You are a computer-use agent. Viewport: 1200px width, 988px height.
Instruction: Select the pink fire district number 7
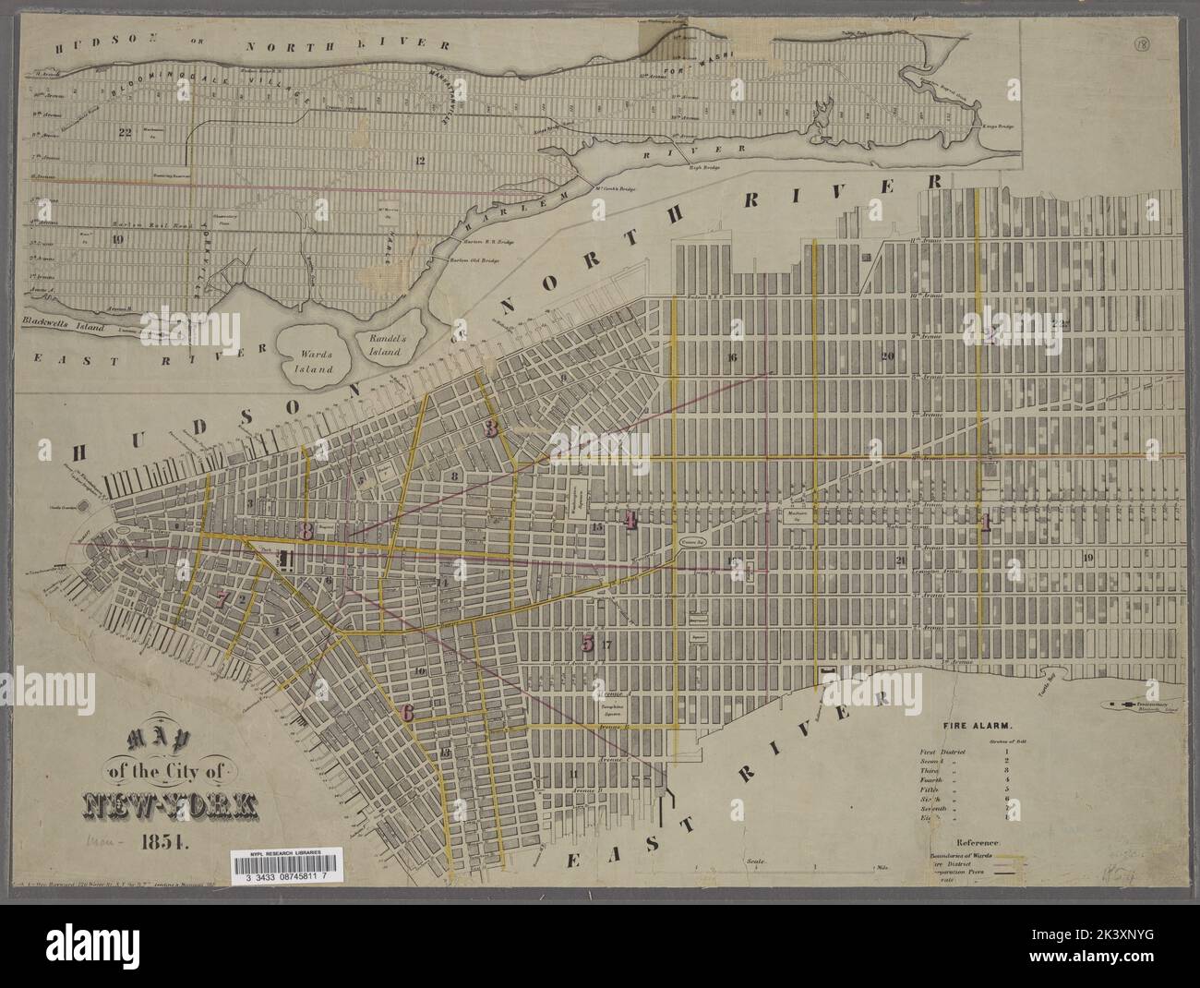pyautogui.click(x=222, y=597)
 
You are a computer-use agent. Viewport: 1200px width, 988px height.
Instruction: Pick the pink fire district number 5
pyautogui.click(x=588, y=644)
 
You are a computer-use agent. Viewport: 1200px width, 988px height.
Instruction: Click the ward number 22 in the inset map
pyautogui.click(x=126, y=132)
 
